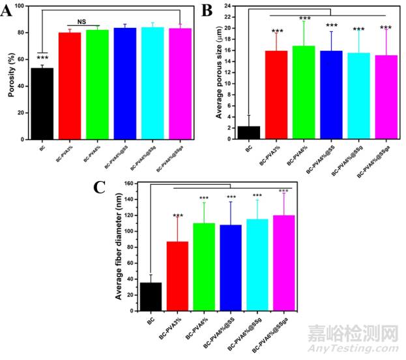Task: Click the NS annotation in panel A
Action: (81, 21)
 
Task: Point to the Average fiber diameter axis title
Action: (119, 249)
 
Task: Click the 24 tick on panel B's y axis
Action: (229, 6)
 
